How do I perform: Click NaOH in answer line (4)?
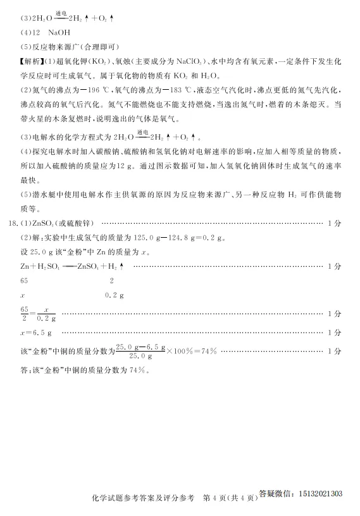point(54,31)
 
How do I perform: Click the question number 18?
point(12,223)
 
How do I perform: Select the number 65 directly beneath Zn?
point(25,281)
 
